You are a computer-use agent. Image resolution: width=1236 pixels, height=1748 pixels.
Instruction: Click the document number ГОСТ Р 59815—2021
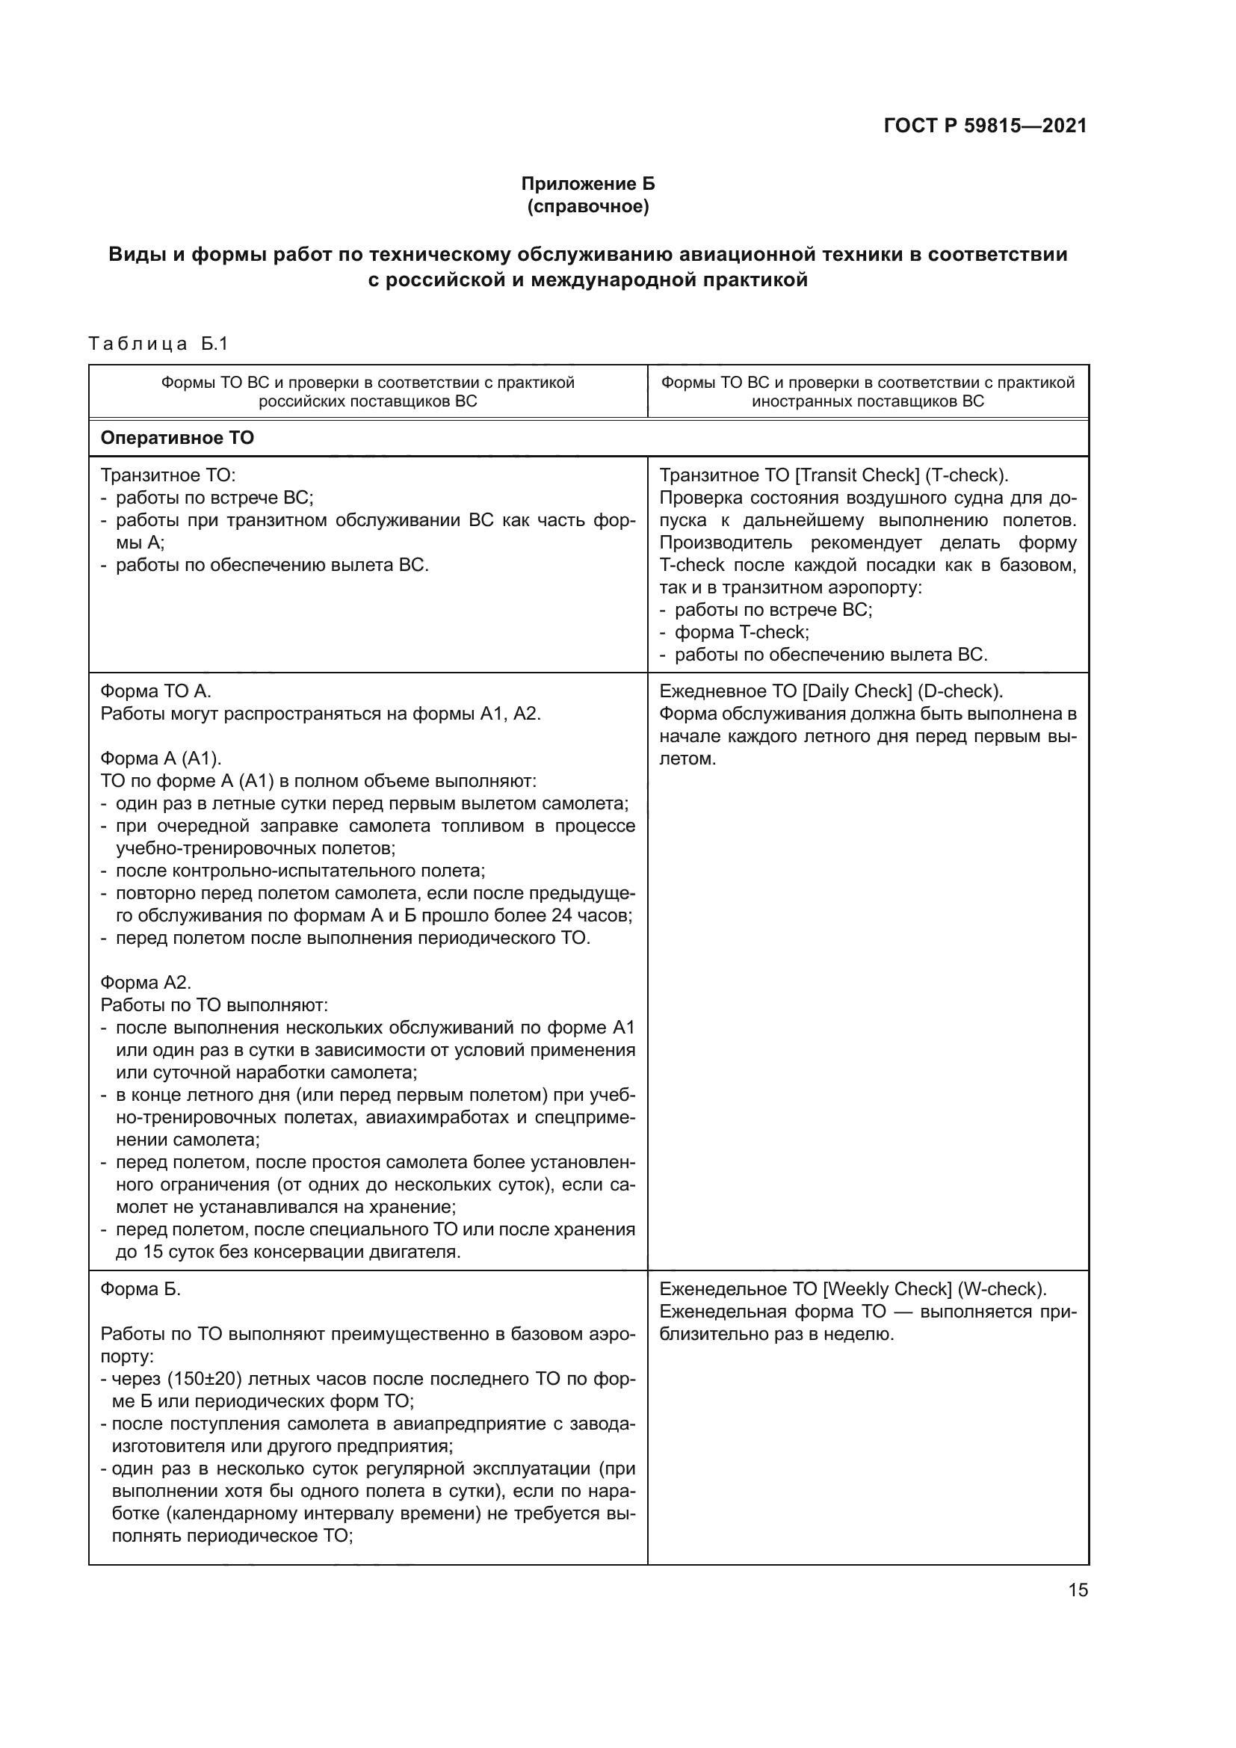tap(985, 126)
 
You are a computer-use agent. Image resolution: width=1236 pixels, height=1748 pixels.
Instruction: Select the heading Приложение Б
tap(587, 184)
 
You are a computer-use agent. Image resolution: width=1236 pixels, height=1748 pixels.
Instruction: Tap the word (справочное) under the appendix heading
tap(587, 206)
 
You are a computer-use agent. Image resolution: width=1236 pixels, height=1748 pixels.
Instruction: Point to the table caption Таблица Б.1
tap(158, 344)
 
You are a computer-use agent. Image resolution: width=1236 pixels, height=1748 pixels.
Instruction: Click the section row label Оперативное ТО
tap(177, 438)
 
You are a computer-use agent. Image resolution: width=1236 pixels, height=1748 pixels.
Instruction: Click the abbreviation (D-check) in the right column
tap(960, 691)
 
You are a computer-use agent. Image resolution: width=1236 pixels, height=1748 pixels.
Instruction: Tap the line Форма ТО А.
tap(156, 691)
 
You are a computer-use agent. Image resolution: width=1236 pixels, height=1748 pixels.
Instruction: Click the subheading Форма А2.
tap(146, 982)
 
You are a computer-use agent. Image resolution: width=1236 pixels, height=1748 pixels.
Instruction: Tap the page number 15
tap(1078, 1590)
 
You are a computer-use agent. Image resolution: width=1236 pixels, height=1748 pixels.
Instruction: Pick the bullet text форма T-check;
tap(742, 632)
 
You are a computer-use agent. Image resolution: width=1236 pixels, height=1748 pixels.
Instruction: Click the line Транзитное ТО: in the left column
tap(168, 475)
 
